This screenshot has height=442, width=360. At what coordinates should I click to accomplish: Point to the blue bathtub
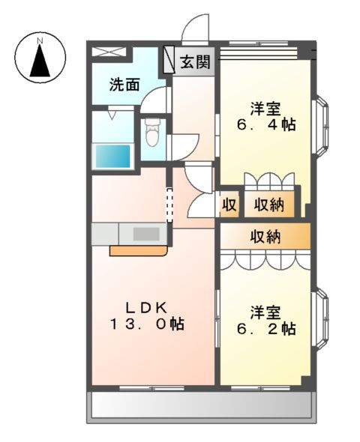pyautogui.click(x=112, y=157)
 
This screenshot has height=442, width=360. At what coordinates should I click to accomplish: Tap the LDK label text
pyautogui.click(x=150, y=306)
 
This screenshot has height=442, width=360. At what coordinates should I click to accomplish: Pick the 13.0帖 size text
pyautogui.click(x=148, y=324)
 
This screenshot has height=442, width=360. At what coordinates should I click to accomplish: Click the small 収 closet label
pyautogui.click(x=229, y=203)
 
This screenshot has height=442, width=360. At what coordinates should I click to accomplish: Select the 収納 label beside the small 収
pyautogui.click(x=268, y=203)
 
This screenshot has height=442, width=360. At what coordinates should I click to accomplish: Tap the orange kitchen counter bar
pyautogui.click(x=139, y=251)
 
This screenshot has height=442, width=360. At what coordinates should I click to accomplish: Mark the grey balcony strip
pyautogui.click(x=201, y=407)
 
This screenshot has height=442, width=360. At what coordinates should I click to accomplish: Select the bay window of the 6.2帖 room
pyautogui.click(x=320, y=321)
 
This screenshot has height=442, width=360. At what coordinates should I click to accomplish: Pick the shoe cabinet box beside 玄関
pyautogui.click(x=169, y=59)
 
